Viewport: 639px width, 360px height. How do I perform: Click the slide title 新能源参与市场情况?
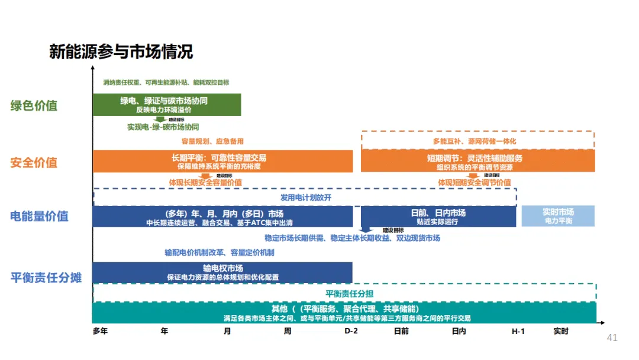click(x=121, y=52)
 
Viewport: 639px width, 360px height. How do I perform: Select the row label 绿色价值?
click(x=34, y=106)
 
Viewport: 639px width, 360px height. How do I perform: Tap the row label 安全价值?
click(x=34, y=162)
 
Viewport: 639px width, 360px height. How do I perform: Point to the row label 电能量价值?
click(x=39, y=216)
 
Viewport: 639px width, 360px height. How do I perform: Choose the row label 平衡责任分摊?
click(x=46, y=277)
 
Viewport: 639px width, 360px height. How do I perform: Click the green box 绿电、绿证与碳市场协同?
click(x=166, y=105)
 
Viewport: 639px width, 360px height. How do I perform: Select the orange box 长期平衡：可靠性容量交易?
click(x=222, y=162)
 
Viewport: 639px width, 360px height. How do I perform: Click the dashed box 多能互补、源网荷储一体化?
click(x=477, y=141)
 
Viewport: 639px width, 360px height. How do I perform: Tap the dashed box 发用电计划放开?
click(x=305, y=197)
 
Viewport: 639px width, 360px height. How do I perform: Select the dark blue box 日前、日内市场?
click(x=438, y=216)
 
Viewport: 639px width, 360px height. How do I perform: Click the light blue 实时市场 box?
click(x=557, y=216)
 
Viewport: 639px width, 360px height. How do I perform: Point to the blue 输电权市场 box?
click(x=222, y=272)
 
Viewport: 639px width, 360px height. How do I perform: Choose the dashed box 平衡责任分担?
click(x=344, y=293)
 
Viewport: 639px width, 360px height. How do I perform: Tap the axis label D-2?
click(x=351, y=331)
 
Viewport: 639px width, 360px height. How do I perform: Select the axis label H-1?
click(x=518, y=331)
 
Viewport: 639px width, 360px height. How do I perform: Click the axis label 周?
click(x=288, y=331)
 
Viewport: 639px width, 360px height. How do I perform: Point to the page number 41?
click(x=612, y=338)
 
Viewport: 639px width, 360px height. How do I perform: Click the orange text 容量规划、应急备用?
click(x=212, y=142)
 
